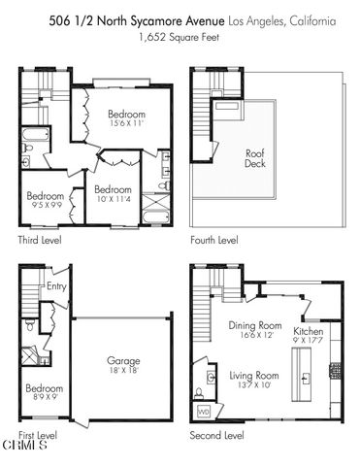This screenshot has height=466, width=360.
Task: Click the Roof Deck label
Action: (256, 156)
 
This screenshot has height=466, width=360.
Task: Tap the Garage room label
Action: (124, 360)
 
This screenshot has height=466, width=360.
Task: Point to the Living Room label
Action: (254, 375)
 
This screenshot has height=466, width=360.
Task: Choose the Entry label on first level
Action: (55, 286)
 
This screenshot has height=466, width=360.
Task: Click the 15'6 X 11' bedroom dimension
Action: (126, 123)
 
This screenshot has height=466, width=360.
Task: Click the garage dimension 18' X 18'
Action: (124, 370)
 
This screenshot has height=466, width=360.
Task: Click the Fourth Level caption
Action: (213, 239)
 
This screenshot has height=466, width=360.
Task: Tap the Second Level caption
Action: (217, 436)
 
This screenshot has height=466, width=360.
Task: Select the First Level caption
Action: (38, 436)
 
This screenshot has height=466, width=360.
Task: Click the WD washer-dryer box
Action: (203, 412)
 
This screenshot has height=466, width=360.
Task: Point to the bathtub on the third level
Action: (36, 133)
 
